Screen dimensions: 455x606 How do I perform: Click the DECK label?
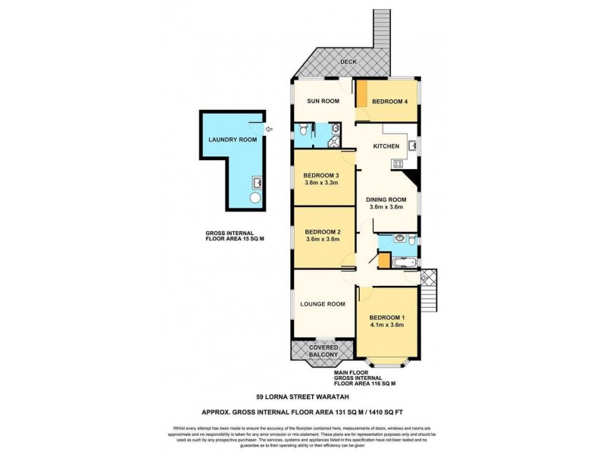pos(348,61)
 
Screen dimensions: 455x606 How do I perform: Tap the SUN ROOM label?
pos(322,101)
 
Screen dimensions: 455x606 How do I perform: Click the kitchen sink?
pos(413,144)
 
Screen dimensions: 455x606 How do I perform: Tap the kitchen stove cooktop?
pos(396,165)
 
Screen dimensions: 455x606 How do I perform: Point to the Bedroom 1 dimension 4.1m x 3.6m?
pos(386,325)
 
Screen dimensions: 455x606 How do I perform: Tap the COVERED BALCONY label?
pos(323,351)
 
